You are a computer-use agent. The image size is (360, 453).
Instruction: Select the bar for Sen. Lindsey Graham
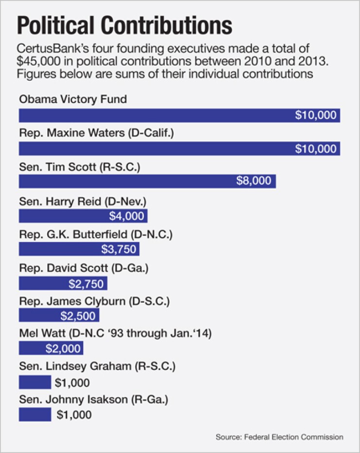[35, 382]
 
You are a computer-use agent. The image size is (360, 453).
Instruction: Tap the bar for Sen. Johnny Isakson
[35, 414]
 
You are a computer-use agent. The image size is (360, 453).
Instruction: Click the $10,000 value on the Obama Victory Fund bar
[316, 115]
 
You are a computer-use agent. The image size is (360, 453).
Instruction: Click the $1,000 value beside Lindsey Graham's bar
[72, 383]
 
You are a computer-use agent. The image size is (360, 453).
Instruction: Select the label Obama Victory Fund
[73, 100]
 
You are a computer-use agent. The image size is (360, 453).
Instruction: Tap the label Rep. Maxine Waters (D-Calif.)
[96, 133]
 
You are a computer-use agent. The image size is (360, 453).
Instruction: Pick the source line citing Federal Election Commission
[279, 437]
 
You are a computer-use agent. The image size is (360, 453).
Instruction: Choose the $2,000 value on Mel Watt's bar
[62, 348]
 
